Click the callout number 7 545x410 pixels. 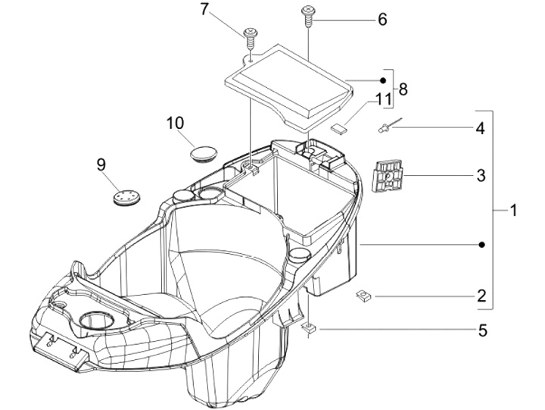click(204, 10)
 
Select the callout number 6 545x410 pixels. click(382, 19)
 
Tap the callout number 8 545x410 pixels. click(403, 89)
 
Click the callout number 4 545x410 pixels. click(480, 129)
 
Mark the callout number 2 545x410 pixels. click(480, 296)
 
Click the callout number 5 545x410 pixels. click(480, 330)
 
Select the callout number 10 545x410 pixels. click(175, 122)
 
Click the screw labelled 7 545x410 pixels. click(249, 34)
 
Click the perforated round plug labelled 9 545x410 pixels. click(124, 197)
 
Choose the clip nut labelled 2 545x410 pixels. click(363, 295)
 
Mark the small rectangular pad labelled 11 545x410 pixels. click(338, 128)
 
